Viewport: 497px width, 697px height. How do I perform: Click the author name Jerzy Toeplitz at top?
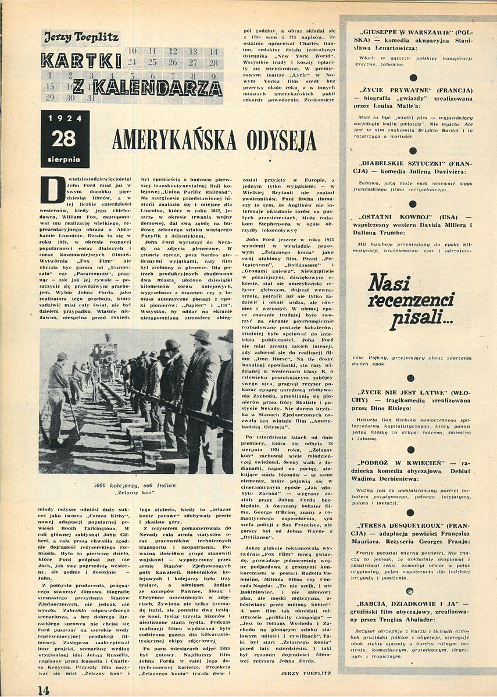coord(81,38)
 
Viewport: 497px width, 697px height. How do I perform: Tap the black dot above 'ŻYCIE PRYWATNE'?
coord(412,77)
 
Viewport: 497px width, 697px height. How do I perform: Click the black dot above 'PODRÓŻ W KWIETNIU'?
coord(412,448)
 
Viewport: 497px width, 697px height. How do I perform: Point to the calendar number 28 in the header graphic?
coord(213,62)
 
